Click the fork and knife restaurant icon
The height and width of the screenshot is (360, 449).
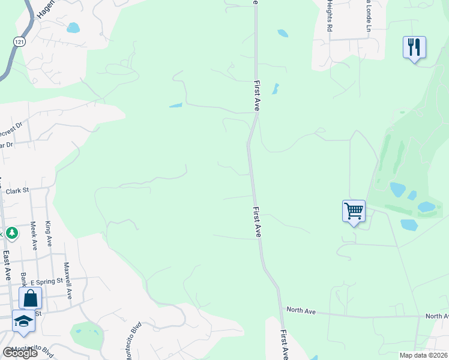(414, 47)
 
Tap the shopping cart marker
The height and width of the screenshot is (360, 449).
(354, 211)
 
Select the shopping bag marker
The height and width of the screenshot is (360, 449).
(29, 298)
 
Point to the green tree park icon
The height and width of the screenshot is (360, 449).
(11, 233)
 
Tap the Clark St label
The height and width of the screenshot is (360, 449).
(17, 191)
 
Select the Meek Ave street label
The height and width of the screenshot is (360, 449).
(33, 236)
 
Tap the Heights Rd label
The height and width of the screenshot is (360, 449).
(330, 16)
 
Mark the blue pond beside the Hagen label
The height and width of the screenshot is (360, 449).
(73, 28)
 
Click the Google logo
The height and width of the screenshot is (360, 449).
(20, 353)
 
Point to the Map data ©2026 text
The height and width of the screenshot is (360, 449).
(423, 355)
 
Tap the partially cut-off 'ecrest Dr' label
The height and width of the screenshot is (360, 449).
(11, 127)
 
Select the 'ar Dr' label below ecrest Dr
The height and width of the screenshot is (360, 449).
(6, 144)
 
